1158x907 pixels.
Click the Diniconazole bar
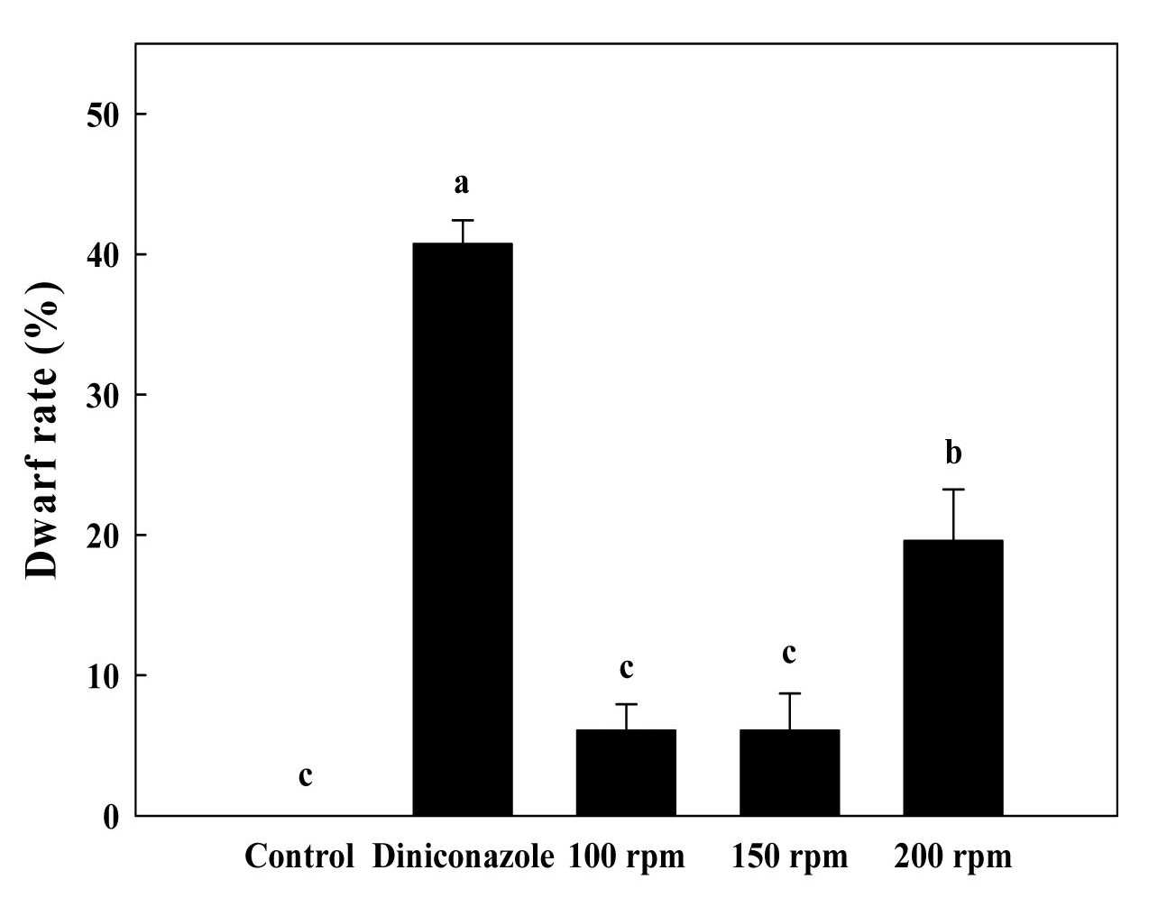(463, 529)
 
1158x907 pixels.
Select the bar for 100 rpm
(626, 773)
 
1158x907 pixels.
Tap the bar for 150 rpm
(789, 773)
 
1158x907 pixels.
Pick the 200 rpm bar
(953, 677)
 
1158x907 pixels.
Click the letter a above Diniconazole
(462, 184)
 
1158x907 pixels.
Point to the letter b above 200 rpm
(953, 452)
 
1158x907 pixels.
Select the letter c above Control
(306, 777)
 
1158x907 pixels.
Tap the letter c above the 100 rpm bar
(627, 669)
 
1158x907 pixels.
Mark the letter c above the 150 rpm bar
(789, 654)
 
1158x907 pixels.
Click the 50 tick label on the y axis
(102, 115)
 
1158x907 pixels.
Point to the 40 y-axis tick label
(102, 255)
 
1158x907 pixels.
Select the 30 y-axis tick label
(102, 395)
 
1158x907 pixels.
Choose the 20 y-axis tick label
(102, 536)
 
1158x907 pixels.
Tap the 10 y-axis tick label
(102, 675)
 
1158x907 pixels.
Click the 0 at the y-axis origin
(110, 817)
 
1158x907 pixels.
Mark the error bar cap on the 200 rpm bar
(953, 489)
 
